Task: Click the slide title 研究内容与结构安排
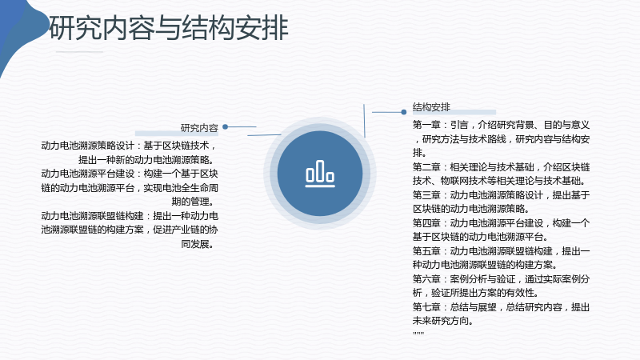tap(169, 28)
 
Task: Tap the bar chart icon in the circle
tap(320, 174)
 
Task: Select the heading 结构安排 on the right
tap(431, 107)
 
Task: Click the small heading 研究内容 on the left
tap(199, 128)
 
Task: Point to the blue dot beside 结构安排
tap(404, 112)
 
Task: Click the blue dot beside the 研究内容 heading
tap(225, 127)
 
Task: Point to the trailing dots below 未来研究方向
tap(418, 333)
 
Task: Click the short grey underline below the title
tap(79, 52)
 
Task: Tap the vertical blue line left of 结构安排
tap(364, 121)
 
